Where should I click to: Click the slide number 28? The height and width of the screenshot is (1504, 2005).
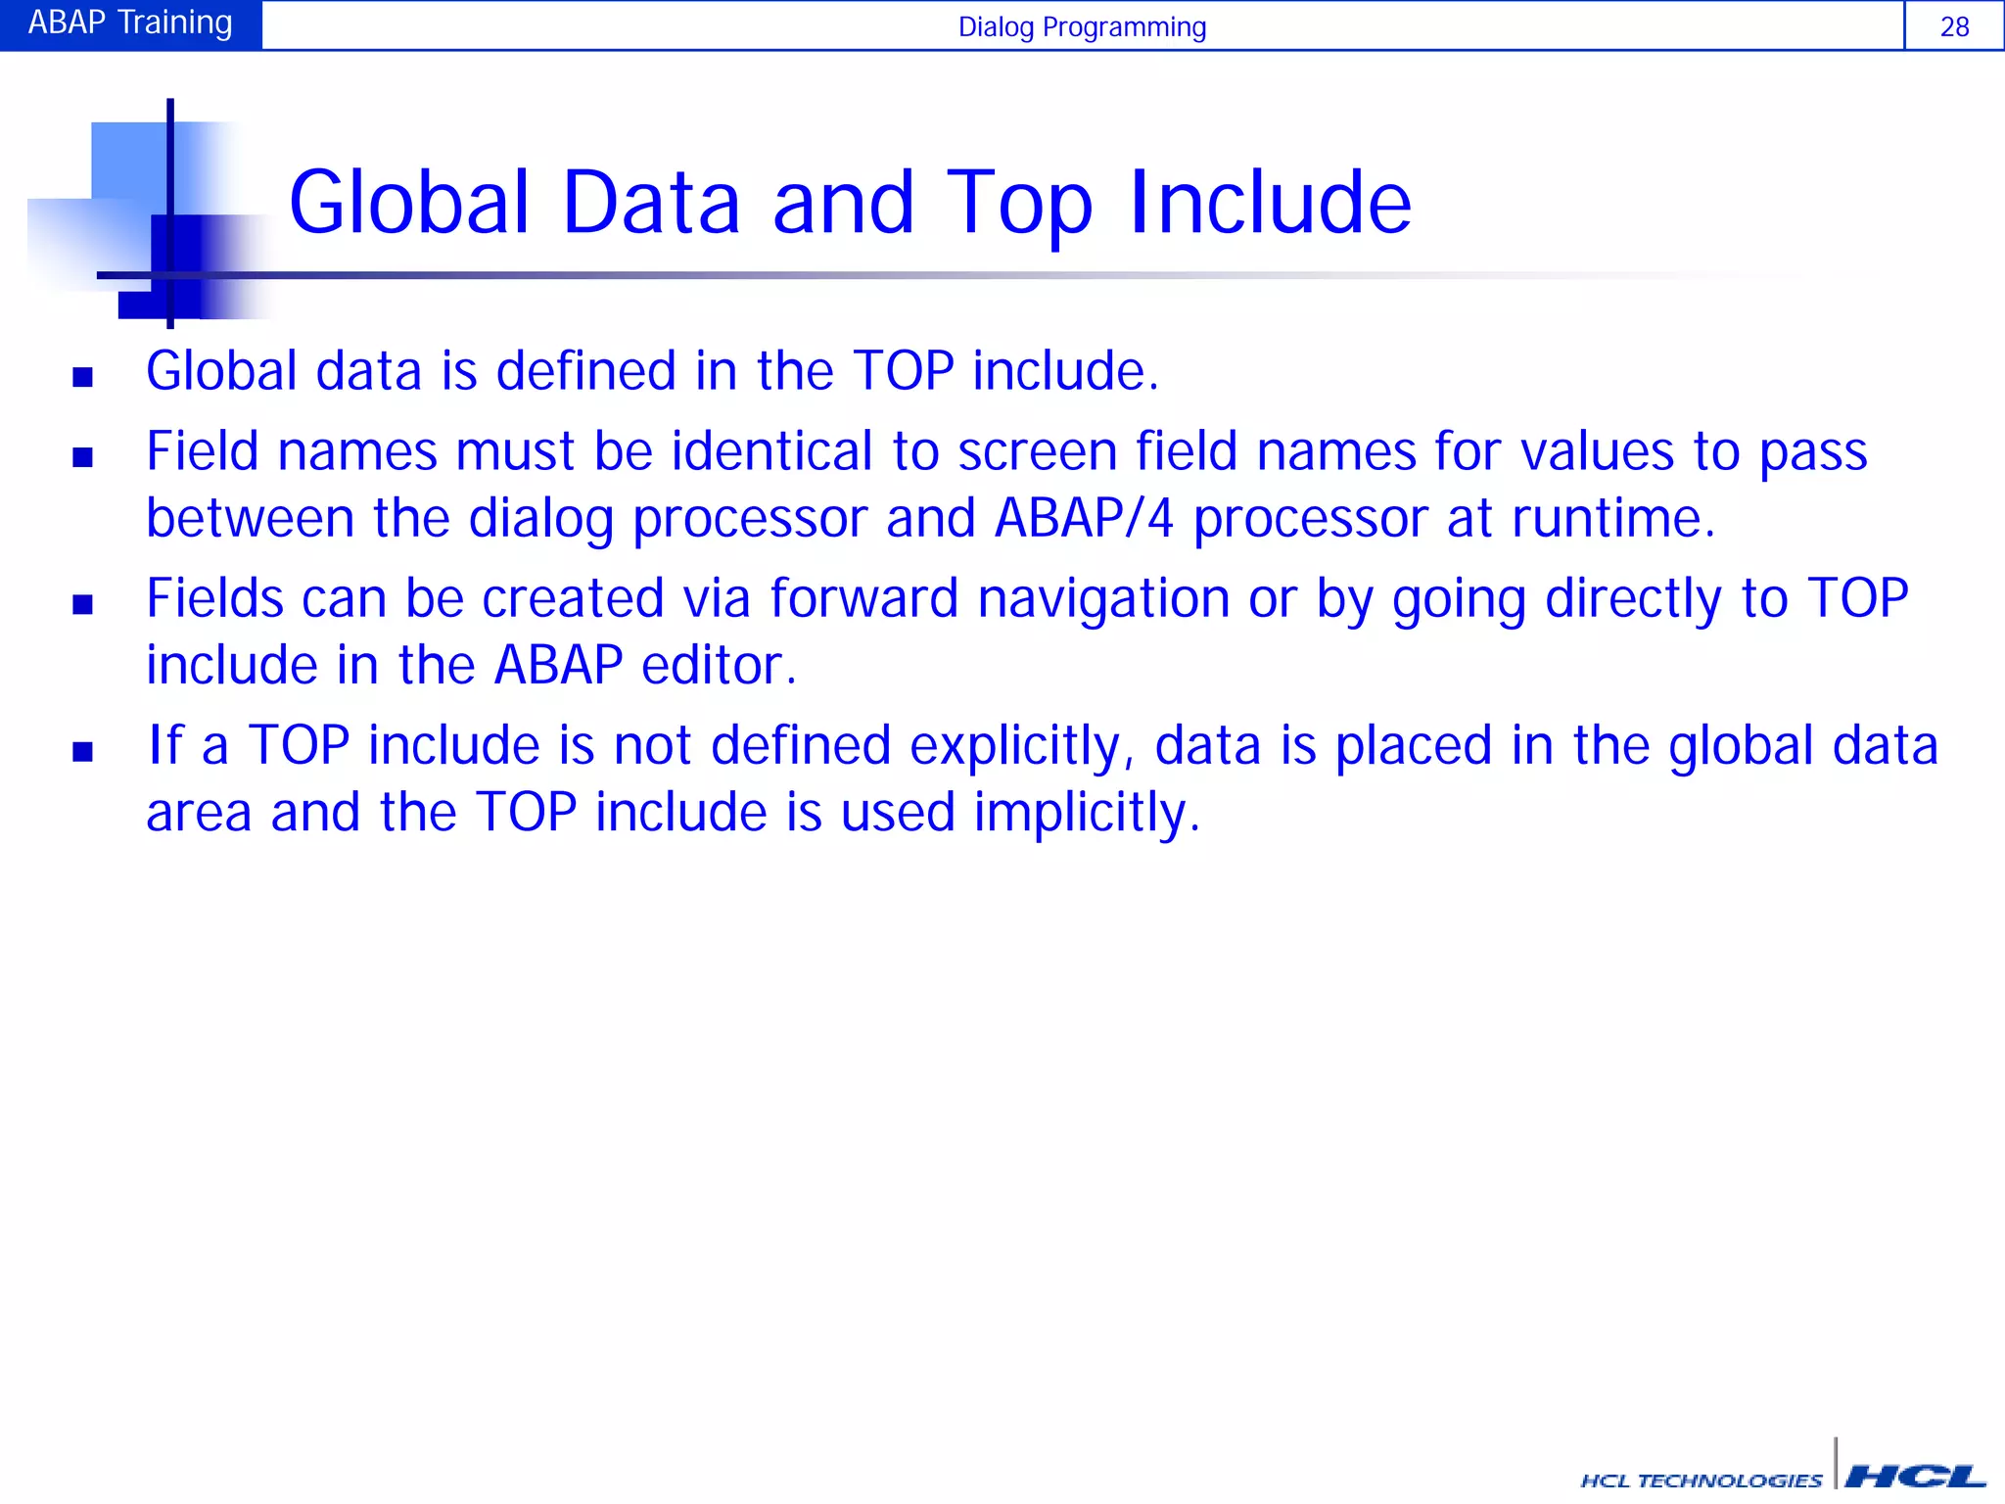point(1954,26)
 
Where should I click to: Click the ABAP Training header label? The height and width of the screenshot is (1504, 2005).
point(130,23)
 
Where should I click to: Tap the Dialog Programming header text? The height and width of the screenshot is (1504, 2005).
point(1082,26)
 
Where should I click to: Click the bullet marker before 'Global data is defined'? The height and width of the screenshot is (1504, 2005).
point(83,377)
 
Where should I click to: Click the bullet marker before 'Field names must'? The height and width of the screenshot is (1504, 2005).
point(83,457)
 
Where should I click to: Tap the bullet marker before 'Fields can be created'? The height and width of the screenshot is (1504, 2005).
point(83,604)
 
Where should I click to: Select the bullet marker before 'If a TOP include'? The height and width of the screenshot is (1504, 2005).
point(83,751)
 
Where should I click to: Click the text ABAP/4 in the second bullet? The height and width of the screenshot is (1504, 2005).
point(1084,518)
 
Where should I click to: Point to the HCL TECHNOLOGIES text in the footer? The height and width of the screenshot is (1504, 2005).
point(1701,1480)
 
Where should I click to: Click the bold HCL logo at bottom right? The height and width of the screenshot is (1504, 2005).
point(1916,1476)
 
